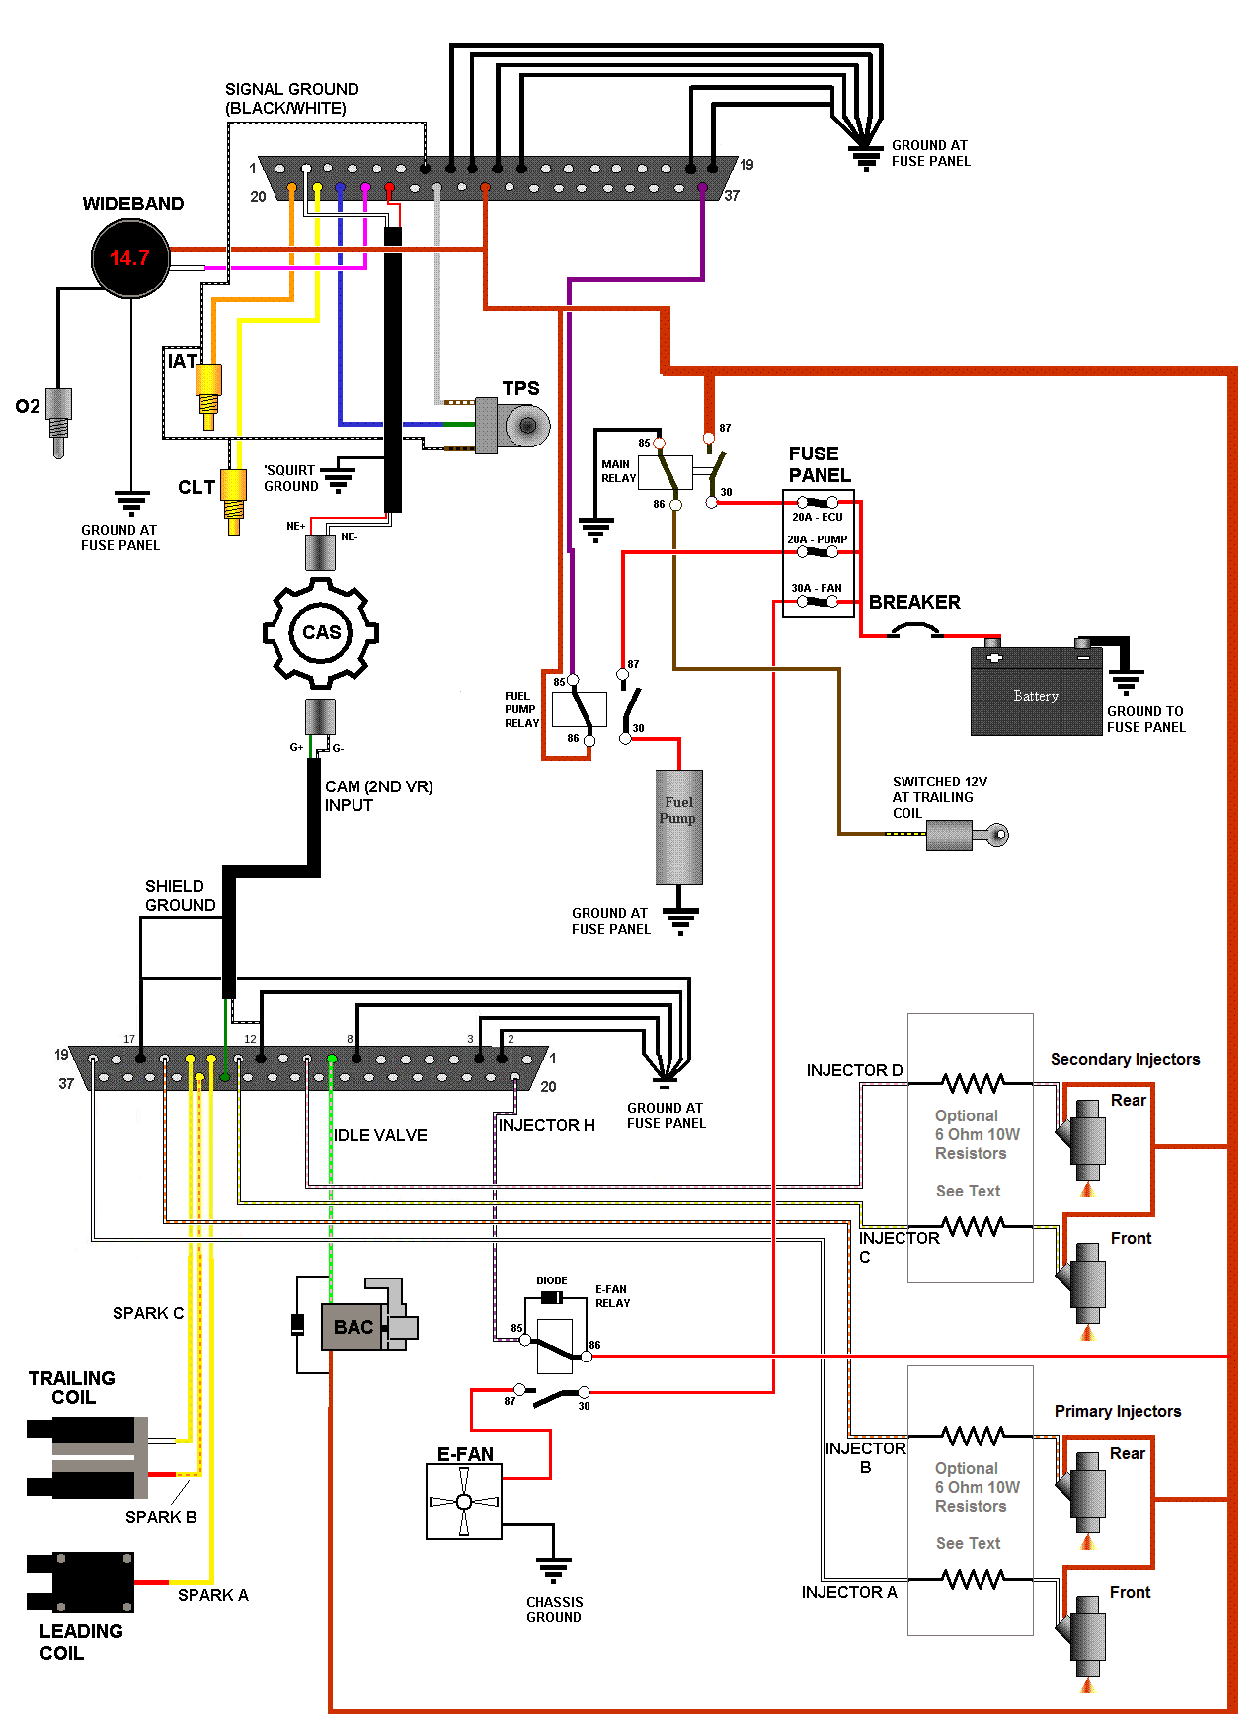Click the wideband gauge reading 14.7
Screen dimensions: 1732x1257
(x=130, y=258)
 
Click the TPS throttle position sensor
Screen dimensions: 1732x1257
(x=513, y=426)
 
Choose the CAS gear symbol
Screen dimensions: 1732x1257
(x=321, y=632)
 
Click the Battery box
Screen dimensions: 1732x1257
(x=1036, y=692)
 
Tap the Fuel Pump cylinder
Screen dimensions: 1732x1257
(x=679, y=826)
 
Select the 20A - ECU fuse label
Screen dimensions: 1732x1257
(x=818, y=517)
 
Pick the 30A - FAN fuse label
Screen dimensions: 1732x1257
(x=817, y=588)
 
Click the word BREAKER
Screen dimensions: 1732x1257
(x=914, y=602)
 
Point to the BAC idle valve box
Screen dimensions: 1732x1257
(x=354, y=1327)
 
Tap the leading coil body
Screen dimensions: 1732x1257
(x=92, y=1583)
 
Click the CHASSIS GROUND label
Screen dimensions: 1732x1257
(x=554, y=1609)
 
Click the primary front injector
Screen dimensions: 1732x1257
(x=1088, y=1635)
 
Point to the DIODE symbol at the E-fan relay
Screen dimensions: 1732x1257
(x=552, y=1297)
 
